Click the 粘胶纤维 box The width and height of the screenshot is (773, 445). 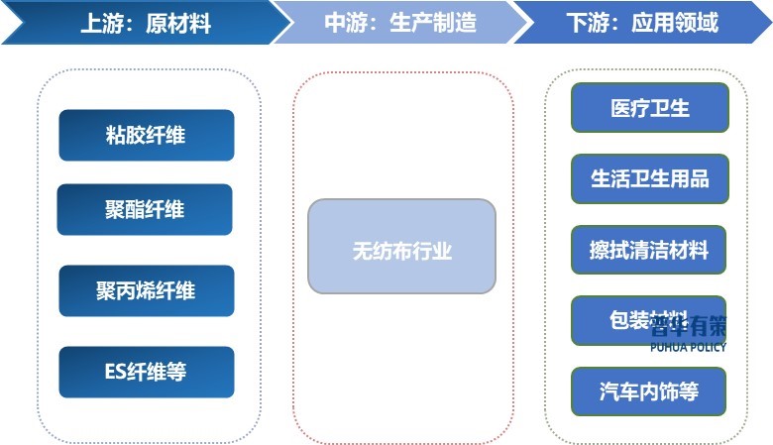pos(146,136)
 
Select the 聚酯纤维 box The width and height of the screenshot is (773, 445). pos(145,210)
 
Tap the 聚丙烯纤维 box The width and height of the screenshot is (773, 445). pos(146,291)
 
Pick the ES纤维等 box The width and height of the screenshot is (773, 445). pos(146,373)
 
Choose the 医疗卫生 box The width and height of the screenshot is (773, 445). pos(649,107)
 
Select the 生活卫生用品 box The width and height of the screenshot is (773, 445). pos(649,178)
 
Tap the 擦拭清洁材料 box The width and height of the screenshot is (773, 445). pos(649,250)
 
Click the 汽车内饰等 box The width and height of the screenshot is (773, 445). pos(649,391)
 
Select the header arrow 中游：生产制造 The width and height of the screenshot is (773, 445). pos(396,22)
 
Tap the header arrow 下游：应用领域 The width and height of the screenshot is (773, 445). pos(644,22)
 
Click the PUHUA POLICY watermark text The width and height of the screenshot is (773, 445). pos(689,348)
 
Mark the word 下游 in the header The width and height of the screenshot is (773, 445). pos(587,22)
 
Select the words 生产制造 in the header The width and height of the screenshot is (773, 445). pos(433,22)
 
